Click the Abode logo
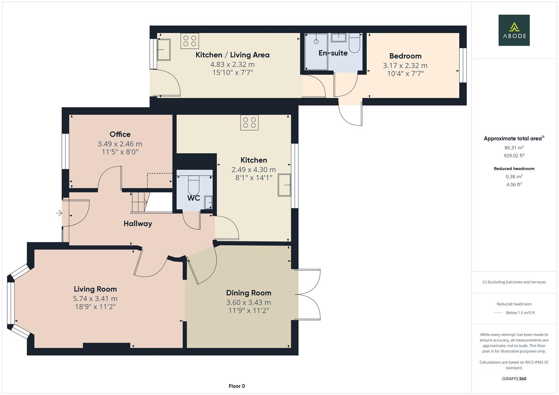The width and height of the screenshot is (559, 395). point(514,30)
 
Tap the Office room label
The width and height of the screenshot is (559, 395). point(120,134)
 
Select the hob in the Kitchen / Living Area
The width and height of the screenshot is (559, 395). point(190,41)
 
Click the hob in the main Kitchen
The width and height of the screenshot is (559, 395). point(250,123)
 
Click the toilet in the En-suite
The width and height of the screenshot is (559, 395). point(354,43)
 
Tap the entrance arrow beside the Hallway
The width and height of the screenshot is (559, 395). point(59,213)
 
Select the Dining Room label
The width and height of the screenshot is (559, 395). point(249,293)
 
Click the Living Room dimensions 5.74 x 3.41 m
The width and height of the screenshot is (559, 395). point(95,299)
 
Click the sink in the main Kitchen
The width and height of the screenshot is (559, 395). point(284,185)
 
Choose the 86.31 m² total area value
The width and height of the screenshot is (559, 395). point(514,148)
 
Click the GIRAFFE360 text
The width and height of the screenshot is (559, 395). point(514,379)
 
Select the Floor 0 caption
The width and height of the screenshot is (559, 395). point(236,386)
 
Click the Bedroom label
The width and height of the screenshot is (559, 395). point(405,56)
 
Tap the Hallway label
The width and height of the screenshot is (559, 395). point(138,223)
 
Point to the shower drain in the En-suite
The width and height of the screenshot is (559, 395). point(316,41)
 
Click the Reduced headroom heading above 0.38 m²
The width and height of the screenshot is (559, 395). point(514,169)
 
